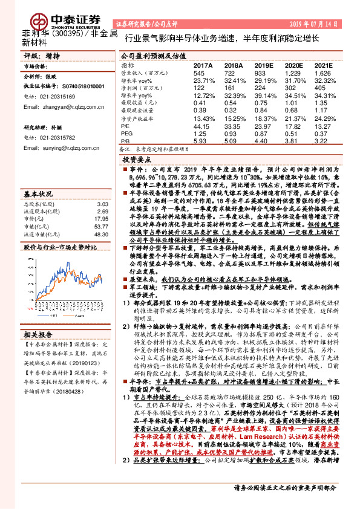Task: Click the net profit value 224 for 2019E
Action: pos(261,87)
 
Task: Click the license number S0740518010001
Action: pos(76,86)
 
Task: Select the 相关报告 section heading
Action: pos(38,334)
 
